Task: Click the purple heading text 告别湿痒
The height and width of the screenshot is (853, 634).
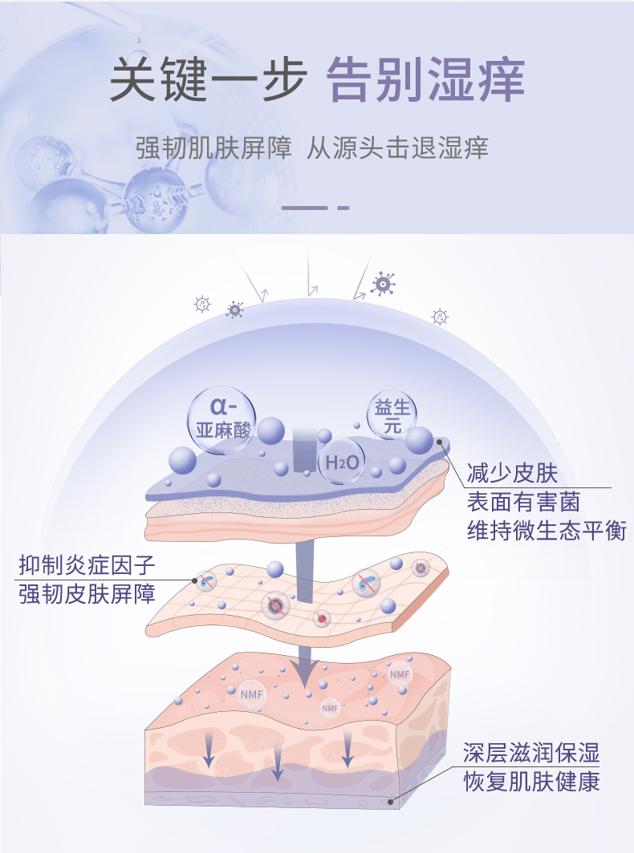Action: [x=426, y=80]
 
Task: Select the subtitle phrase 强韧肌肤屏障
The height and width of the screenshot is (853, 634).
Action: [x=214, y=149]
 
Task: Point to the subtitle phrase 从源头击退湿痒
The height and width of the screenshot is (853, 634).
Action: [x=398, y=149]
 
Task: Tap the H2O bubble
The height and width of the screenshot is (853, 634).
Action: [x=341, y=462]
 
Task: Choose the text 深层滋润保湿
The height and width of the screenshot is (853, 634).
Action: [x=531, y=753]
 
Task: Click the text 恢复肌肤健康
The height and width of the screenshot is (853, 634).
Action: [x=531, y=782]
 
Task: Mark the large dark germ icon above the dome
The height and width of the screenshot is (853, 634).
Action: [x=383, y=283]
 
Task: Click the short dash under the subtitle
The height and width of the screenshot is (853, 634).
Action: [x=343, y=208]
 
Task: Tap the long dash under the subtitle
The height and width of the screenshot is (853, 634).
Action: [x=305, y=208]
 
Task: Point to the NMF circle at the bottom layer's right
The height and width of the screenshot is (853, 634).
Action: [x=400, y=674]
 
